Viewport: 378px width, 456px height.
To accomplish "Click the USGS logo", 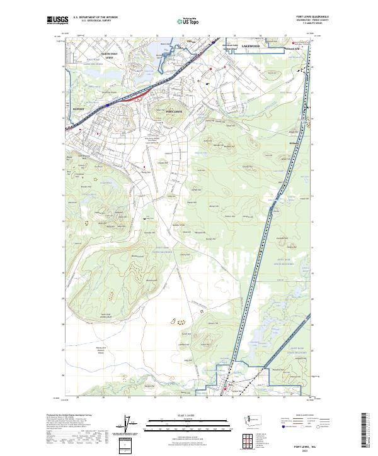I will [x=57, y=20].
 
